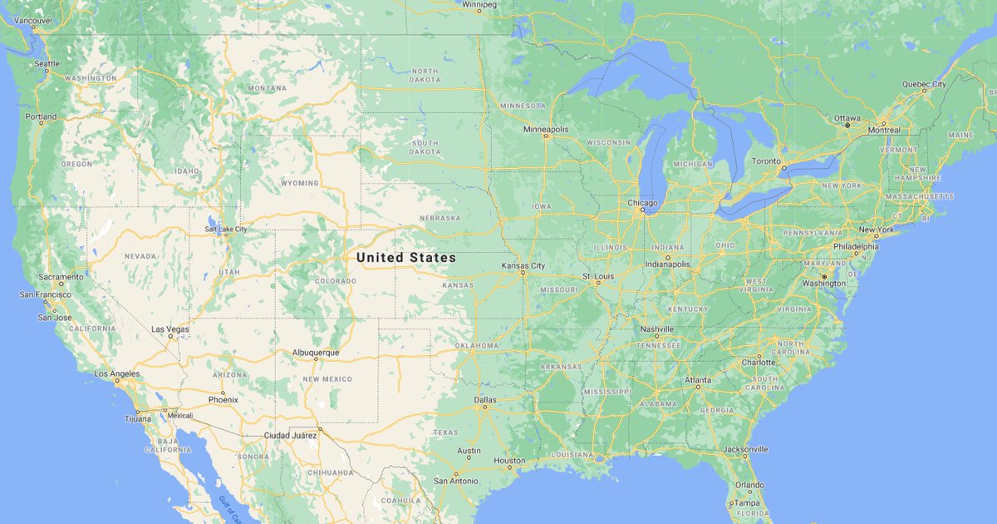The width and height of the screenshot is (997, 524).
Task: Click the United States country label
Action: pyautogui.click(x=406, y=258)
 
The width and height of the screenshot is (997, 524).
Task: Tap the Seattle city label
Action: pyautogui.click(x=47, y=63)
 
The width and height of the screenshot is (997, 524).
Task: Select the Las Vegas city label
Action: pyautogui.click(x=169, y=329)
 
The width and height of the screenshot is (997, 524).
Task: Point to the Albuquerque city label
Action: pyautogui.click(x=316, y=353)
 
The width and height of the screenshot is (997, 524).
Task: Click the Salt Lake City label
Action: pyautogui.click(x=226, y=229)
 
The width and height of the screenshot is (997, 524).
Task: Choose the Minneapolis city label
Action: pyautogui.click(x=546, y=130)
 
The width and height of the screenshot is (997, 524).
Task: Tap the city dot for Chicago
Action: pyautogui.click(x=642, y=210)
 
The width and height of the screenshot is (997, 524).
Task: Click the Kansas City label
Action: pyautogui.click(x=523, y=266)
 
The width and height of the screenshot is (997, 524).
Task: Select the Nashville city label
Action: pyautogui.click(x=656, y=329)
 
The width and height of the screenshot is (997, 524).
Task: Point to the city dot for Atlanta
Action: pyautogui.click(x=698, y=388)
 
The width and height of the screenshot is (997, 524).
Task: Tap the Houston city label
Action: pyautogui.click(x=509, y=461)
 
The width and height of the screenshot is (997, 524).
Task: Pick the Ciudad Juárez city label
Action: pyautogui.click(x=290, y=435)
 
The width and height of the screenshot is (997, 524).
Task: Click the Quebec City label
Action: pyautogui.click(x=924, y=84)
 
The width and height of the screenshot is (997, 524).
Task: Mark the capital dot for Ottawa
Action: pyautogui.click(x=847, y=126)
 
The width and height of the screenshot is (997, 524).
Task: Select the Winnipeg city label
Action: pyautogui.click(x=479, y=4)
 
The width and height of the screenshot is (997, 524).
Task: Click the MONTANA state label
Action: pyautogui.click(x=267, y=88)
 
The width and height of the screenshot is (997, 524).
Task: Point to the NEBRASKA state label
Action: pyautogui.click(x=440, y=218)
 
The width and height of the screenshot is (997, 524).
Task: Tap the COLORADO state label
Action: pyautogui.click(x=335, y=281)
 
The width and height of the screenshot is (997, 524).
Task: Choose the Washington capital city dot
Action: pyautogui.click(x=823, y=275)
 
